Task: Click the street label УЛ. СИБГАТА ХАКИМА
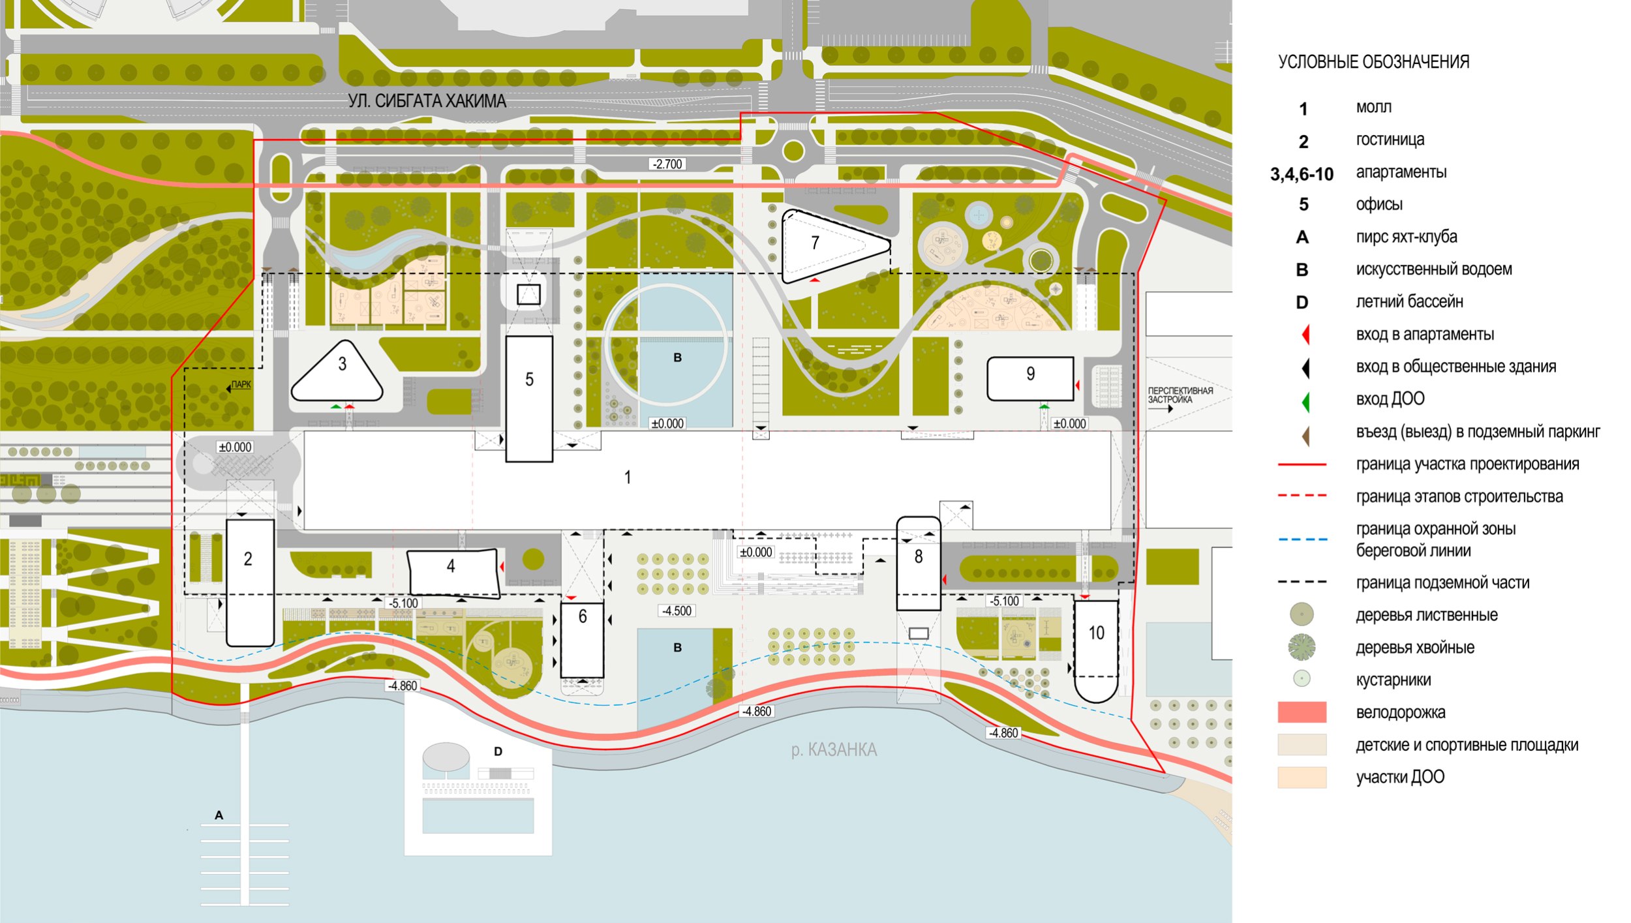click(x=427, y=101)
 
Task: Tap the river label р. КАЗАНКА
click(x=834, y=749)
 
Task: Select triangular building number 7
click(x=836, y=247)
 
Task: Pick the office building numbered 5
click(x=529, y=399)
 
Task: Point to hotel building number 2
click(x=250, y=583)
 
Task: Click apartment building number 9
click(x=1030, y=378)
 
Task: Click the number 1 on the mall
click(x=628, y=477)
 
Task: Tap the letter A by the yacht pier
click(x=219, y=815)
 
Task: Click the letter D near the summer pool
click(x=498, y=751)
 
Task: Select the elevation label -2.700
click(x=667, y=164)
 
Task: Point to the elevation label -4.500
click(x=677, y=611)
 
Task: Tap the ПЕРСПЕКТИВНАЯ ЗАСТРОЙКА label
click(x=1180, y=396)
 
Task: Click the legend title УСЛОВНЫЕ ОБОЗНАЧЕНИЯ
click(x=1373, y=62)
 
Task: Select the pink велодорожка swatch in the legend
click(x=1302, y=712)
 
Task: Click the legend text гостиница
click(x=1390, y=140)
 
